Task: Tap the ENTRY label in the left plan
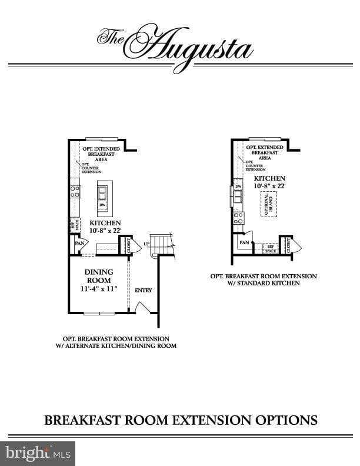point(144,290)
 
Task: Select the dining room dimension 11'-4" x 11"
point(99,289)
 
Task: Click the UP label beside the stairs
point(146,244)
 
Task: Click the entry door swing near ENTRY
point(141,307)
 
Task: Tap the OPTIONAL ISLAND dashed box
point(270,204)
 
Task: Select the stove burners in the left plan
point(75,191)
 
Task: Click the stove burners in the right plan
point(239,218)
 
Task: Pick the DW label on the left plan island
point(102,204)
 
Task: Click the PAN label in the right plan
point(244,242)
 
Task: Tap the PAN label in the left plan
point(78,242)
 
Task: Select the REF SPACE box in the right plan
point(271,249)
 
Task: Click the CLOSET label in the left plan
point(129,245)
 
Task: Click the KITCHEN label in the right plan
point(269,178)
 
